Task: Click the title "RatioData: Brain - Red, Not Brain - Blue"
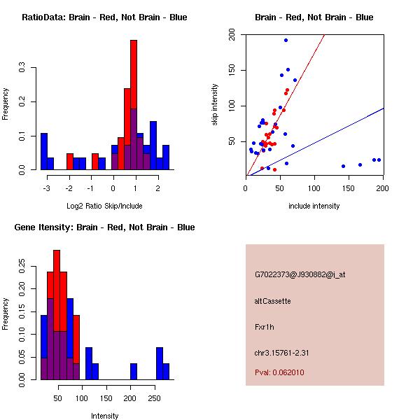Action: [104, 17]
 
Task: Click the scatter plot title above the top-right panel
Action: [314, 17]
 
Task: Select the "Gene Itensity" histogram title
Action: [104, 227]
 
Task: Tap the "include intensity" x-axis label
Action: [314, 206]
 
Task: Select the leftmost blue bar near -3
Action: [43, 151]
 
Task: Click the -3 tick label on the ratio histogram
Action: [46, 188]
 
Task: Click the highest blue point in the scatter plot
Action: [286, 40]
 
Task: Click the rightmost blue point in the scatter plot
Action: [379, 160]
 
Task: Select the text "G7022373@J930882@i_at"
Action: [300, 274]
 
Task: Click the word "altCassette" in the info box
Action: [272, 301]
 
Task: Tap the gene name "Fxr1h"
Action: [264, 326]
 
